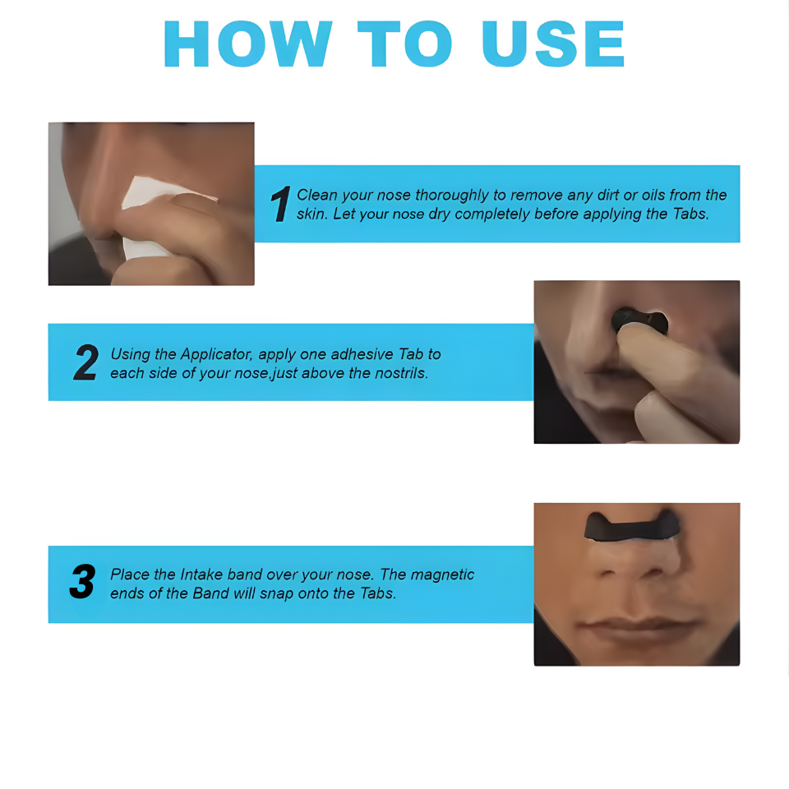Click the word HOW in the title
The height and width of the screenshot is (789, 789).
(x=247, y=44)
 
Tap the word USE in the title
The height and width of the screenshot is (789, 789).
(x=553, y=44)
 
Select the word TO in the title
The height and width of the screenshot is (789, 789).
(x=405, y=44)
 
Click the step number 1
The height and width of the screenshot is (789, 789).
(x=280, y=204)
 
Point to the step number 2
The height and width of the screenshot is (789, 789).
(x=86, y=362)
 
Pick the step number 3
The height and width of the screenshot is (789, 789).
(x=82, y=582)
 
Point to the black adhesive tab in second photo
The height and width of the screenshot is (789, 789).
(x=639, y=320)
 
